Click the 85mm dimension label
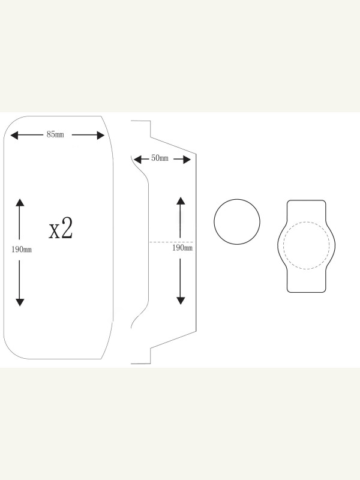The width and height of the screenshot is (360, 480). click(x=55, y=134)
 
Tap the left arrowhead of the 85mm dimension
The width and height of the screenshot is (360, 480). click(x=14, y=135)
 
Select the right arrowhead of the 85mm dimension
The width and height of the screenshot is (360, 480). click(x=101, y=135)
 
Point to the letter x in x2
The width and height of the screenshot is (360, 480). click(x=54, y=231)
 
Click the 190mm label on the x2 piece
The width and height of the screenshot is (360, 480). click(x=22, y=250)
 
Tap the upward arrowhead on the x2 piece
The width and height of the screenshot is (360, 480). click(x=20, y=202)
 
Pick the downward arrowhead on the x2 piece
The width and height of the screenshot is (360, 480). click(x=20, y=302)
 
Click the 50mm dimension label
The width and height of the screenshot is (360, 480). click(x=160, y=158)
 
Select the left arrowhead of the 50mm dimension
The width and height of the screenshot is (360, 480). click(x=137, y=159)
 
